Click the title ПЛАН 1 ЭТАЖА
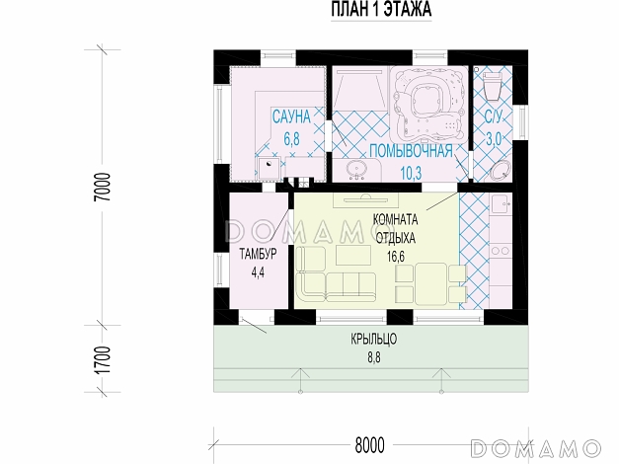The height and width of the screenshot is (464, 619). [x=381, y=9]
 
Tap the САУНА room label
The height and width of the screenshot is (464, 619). [x=292, y=116]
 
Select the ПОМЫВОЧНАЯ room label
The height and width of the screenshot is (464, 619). [x=411, y=151]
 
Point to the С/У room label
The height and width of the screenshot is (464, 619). [x=494, y=116]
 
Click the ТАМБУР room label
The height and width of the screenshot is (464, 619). [x=259, y=254]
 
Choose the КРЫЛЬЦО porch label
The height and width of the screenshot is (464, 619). [x=374, y=340]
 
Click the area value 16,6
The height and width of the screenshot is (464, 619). [x=396, y=257]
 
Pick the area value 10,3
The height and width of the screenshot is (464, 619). [x=411, y=173]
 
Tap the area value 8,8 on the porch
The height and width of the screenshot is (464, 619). [x=374, y=358]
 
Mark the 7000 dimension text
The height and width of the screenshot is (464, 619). [x=104, y=188]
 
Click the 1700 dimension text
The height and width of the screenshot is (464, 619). [x=104, y=361]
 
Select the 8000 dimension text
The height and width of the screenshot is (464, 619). [x=369, y=445]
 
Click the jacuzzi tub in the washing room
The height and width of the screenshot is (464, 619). [x=428, y=105]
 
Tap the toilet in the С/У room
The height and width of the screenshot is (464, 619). [x=492, y=85]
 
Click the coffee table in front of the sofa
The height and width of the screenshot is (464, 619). [x=353, y=255]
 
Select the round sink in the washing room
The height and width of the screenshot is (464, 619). [x=357, y=170]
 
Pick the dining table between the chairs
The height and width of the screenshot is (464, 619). [x=431, y=284]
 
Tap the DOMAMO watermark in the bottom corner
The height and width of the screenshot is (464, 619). [x=536, y=448]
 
